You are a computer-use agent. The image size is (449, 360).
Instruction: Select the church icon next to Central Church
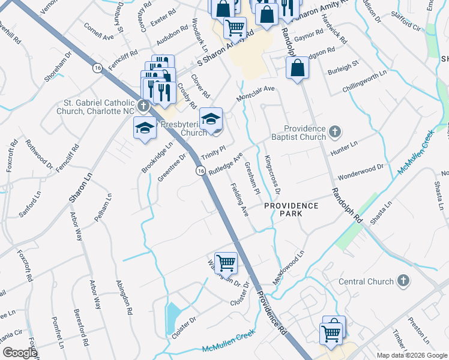[x=404, y=281]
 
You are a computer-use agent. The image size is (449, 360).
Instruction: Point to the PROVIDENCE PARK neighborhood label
[x=292, y=206]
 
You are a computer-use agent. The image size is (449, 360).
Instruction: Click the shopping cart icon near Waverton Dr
[x=226, y=262]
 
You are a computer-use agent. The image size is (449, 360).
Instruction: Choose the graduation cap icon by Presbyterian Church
[x=210, y=118]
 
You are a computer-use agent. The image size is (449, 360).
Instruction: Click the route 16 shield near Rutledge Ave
[x=200, y=172]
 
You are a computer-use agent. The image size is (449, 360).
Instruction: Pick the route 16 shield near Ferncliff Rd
[x=97, y=69]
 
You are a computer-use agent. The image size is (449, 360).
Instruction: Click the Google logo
[x=19, y=353]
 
